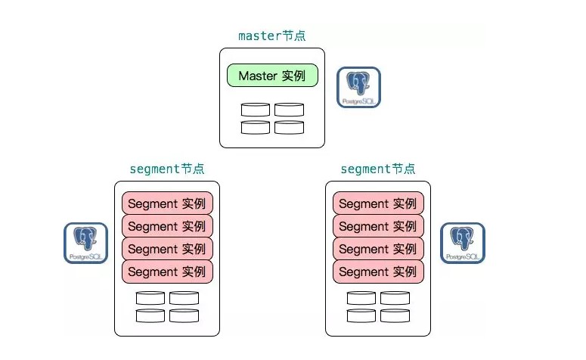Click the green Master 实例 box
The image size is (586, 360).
272,76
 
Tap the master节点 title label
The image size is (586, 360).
272,36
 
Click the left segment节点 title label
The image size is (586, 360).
166,169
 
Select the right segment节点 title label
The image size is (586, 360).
377,169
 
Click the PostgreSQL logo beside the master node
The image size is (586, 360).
358,87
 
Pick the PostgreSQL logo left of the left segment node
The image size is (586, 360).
85,243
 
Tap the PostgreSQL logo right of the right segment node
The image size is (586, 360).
463,243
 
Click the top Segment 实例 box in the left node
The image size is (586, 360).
167,203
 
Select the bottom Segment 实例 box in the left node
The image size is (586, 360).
167,272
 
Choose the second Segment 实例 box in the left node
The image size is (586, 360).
167,226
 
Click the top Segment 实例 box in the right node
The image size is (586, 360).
378,203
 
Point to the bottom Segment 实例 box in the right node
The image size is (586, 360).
378,272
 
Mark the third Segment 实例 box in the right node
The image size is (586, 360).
378,249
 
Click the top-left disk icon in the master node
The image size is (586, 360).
256,110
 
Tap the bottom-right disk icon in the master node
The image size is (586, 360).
289,127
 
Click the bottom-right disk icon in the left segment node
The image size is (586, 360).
184,315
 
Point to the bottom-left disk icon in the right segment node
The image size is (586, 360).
361,315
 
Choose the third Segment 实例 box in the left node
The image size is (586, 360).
167,249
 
